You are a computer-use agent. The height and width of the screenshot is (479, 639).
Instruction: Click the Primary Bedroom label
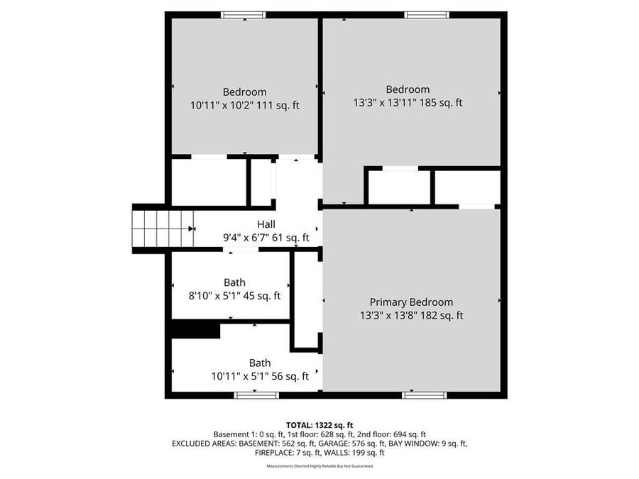pyautogui.click(x=411, y=302)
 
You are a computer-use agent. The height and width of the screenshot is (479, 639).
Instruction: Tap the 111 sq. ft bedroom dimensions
pyautogui.click(x=245, y=105)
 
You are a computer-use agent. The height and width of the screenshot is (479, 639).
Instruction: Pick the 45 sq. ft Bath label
pyautogui.click(x=234, y=282)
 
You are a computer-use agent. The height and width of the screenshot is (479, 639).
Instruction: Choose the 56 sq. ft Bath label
pyautogui.click(x=260, y=363)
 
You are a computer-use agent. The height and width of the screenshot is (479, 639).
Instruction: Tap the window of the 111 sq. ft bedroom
pyautogui.click(x=244, y=15)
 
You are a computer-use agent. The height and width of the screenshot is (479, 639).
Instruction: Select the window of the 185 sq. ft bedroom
pyautogui.click(x=427, y=15)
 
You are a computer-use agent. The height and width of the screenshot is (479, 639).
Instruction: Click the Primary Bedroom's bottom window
pyautogui.click(x=425, y=395)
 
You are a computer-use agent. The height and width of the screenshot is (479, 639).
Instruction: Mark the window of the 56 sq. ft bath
pyautogui.click(x=256, y=395)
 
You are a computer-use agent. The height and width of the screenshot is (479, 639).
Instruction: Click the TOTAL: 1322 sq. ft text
pyautogui.click(x=319, y=424)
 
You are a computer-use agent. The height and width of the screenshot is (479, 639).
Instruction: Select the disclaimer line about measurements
pyautogui.click(x=319, y=466)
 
